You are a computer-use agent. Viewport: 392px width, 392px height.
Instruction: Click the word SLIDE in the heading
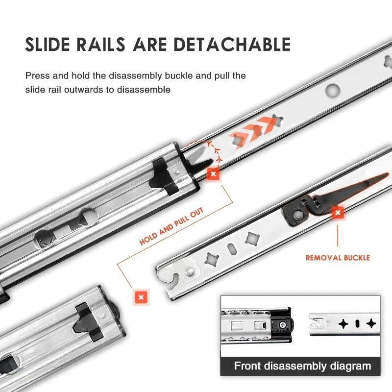(51, 45)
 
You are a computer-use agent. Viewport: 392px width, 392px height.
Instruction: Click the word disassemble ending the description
(147, 90)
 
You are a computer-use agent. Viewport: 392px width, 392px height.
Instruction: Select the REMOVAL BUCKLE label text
(338, 257)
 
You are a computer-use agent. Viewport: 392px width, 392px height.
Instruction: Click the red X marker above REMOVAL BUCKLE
(337, 213)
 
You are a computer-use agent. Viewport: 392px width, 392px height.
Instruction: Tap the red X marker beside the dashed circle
(213, 173)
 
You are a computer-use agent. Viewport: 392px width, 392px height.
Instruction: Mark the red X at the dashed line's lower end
(141, 297)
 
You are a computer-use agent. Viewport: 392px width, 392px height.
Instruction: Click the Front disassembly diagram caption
(302, 366)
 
